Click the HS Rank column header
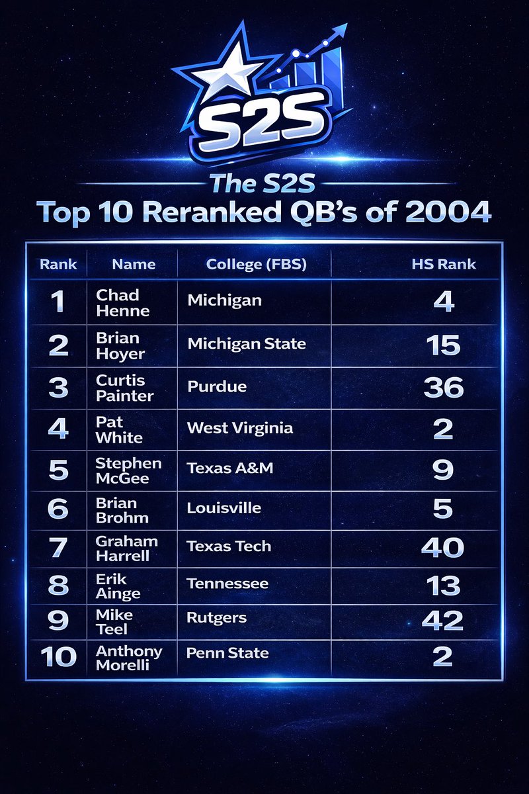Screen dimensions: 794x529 [x=444, y=265]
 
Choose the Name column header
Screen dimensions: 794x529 [x=134, y=265]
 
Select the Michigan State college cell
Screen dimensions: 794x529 [x=247, y=344]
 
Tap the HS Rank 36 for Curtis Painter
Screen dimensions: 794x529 [x=443, y=387]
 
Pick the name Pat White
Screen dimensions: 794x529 [x=118, y=429]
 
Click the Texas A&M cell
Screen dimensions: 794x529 [x=229, y=468]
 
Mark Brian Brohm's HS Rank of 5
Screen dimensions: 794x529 [x=442, y=509]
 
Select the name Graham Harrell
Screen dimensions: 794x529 [x=126, y=548]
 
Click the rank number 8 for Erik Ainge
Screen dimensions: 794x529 [x=58, y=585]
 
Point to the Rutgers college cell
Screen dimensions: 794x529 [x=216, y=618]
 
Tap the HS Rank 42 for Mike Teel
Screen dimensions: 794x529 [x=442, y=621]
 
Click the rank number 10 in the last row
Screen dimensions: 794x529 [x=58, y=657]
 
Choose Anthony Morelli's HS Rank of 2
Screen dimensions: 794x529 [x=442, y=657]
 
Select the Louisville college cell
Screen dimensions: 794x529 [x=224, y=508]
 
